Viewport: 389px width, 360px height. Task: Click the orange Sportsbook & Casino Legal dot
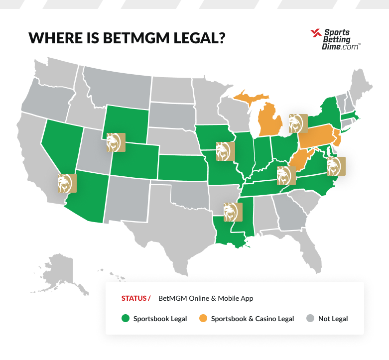tap(203, 319)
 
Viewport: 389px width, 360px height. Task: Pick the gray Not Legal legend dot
tap(310, 319)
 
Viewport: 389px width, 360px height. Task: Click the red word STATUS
tap(134, 299)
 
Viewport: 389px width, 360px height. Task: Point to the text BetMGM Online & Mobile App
tap(206, 299)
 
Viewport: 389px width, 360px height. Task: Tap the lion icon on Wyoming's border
tap(116, 142)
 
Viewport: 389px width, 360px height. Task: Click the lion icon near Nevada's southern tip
tap(67, 183)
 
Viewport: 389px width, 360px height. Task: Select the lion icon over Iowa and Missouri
tap(226, 151)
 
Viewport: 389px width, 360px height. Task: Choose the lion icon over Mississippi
tap(233, 211)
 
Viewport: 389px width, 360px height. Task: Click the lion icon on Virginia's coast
tap(336, 166)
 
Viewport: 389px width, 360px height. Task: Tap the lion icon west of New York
tap(298, 122)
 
